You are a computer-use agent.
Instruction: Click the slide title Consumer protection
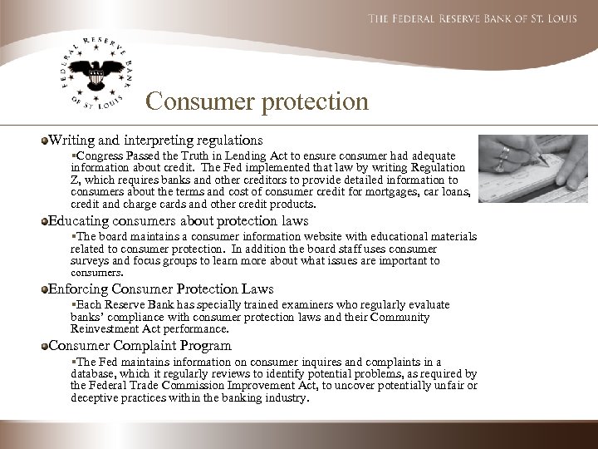(x=256, y=102)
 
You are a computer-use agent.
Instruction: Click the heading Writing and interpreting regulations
(x=157, y=140)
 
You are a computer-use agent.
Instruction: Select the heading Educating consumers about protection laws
(x=179, y=220)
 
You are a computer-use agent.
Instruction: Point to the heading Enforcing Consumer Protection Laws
(x=162, y=289)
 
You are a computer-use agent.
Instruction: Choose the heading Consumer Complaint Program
(x=140, y=345)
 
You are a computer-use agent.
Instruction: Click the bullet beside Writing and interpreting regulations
(x=44, y=140)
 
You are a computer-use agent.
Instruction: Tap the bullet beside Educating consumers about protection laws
(x=44, y=220)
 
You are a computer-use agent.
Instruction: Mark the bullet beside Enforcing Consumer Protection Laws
(x=44, y=289)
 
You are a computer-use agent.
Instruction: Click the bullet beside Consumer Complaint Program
(x=44, y=345)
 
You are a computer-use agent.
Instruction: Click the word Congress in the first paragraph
(x=98, y=155)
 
